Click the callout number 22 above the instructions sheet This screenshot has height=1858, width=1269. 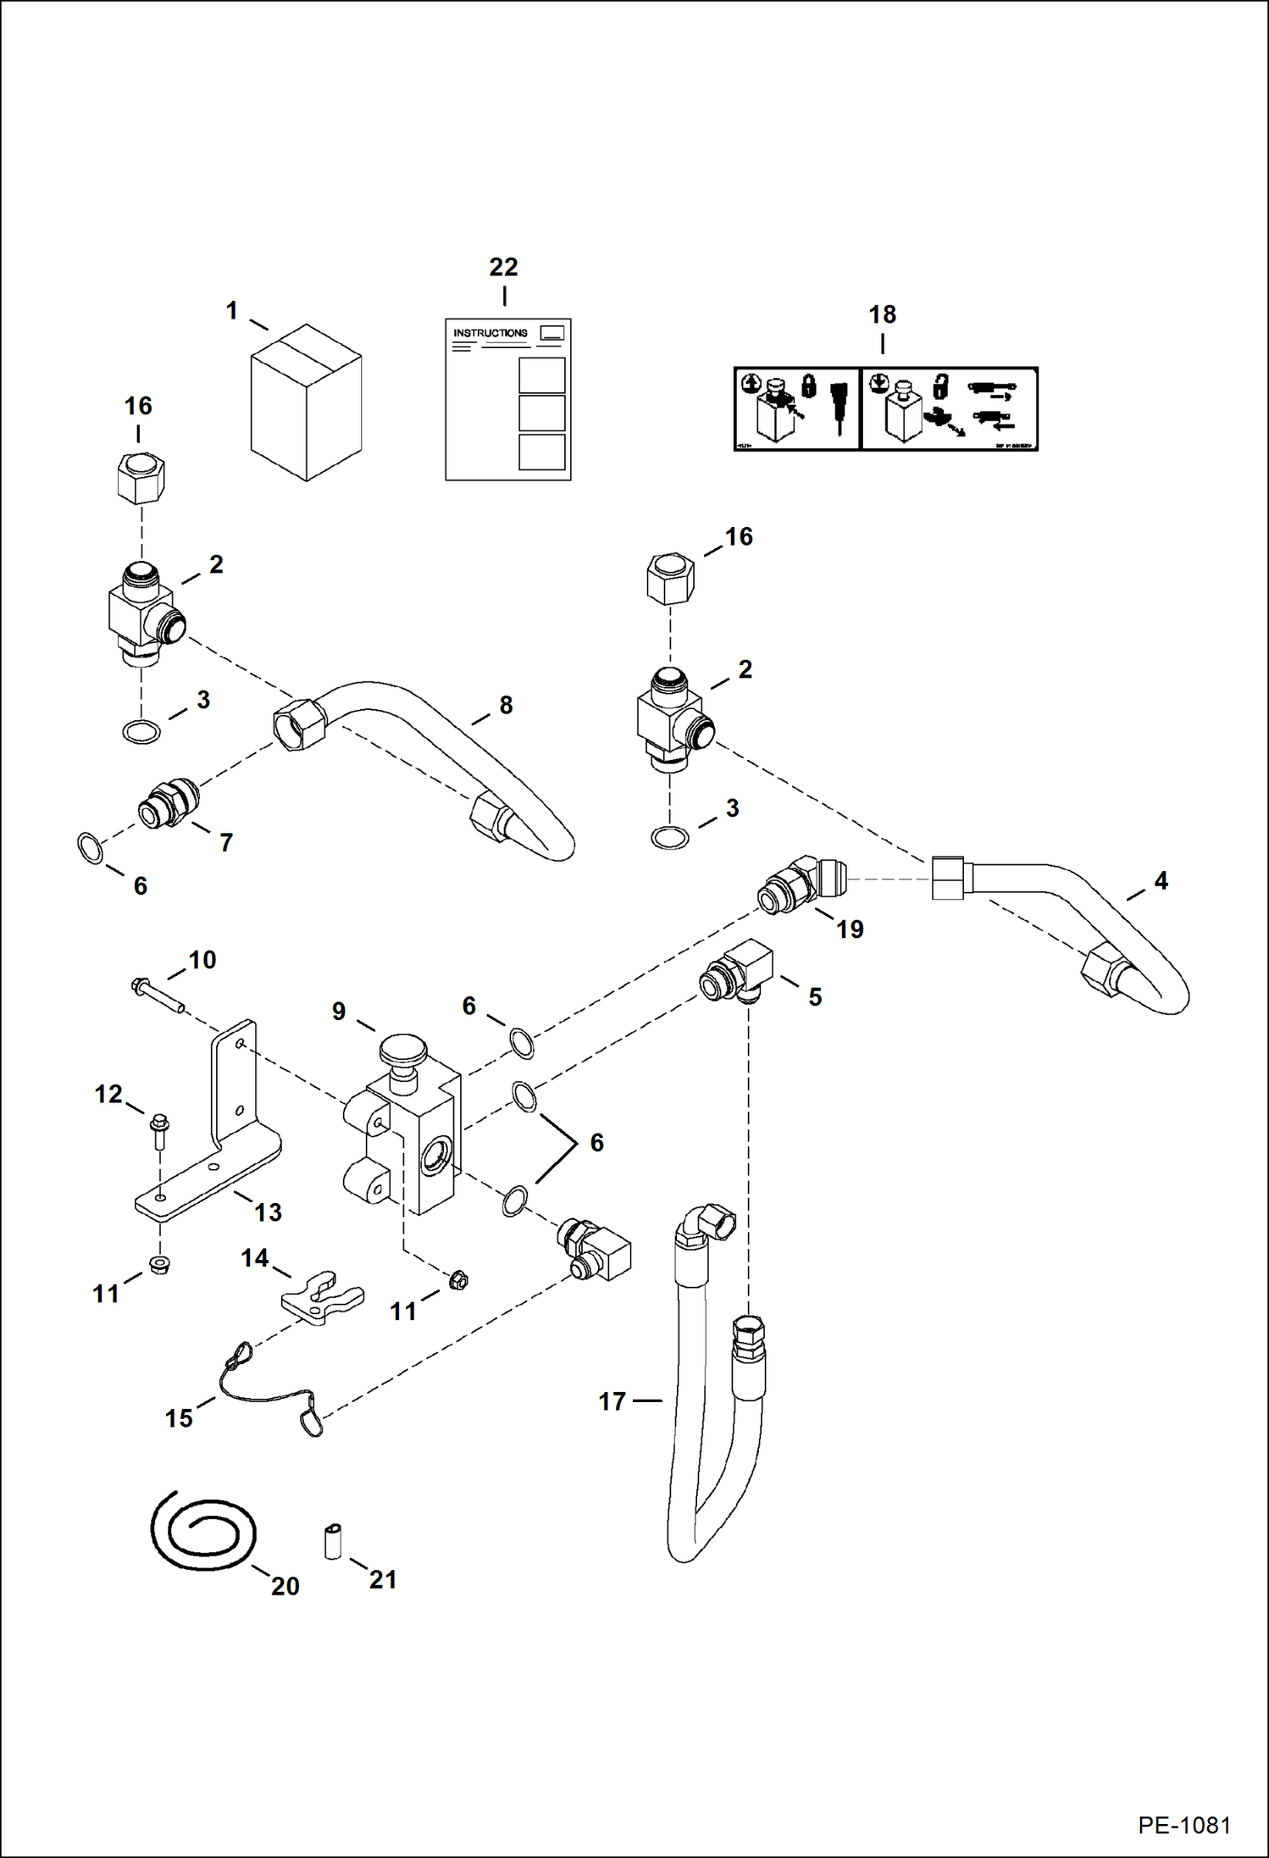[x=503, y=268]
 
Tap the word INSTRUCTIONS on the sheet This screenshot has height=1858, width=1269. [x=490, y=333]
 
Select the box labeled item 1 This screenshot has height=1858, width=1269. [x=306, y=402]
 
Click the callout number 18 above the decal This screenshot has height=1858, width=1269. [x=882, y=315]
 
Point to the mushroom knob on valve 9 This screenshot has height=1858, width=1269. [x=402, y=1050]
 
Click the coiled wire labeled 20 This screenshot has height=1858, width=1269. [x=203, y=1531]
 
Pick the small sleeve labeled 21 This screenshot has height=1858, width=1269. [x=333, y=1540]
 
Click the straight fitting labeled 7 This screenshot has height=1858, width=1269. [x=168, y=805]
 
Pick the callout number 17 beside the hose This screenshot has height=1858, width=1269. [x=612, y=1402]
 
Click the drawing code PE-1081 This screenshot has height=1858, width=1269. [x=1183, y=1824]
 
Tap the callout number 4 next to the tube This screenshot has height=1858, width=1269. [x=1161, y=881]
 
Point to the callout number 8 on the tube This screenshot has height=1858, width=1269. [x=506, y=705]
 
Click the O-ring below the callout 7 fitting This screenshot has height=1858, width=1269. [x=91, y=848]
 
